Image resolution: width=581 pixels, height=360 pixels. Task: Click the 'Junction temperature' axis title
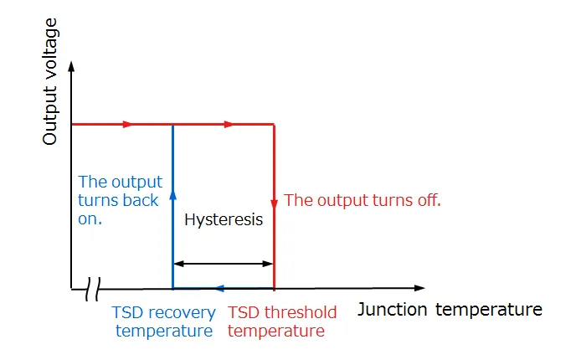tap(450, 310)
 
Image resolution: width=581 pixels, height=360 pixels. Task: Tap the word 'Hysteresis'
tap(224, 220)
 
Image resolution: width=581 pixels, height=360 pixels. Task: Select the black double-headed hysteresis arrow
tap(224, 264)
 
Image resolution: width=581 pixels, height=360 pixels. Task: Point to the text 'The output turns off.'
tap(362, 201)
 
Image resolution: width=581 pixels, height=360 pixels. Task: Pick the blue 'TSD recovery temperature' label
tap(163, 321)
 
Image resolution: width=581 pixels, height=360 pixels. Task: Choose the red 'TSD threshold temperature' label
tap(282, 321)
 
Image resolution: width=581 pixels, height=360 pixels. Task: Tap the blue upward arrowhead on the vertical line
tap(172, 193)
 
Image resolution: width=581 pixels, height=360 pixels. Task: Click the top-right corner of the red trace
tap(274, 124)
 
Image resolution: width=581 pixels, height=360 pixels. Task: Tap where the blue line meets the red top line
tap(172, 124)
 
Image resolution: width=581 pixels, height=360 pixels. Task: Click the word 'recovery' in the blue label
tap(184, 313)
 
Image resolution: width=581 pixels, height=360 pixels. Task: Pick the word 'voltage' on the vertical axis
tap(50, 55)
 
